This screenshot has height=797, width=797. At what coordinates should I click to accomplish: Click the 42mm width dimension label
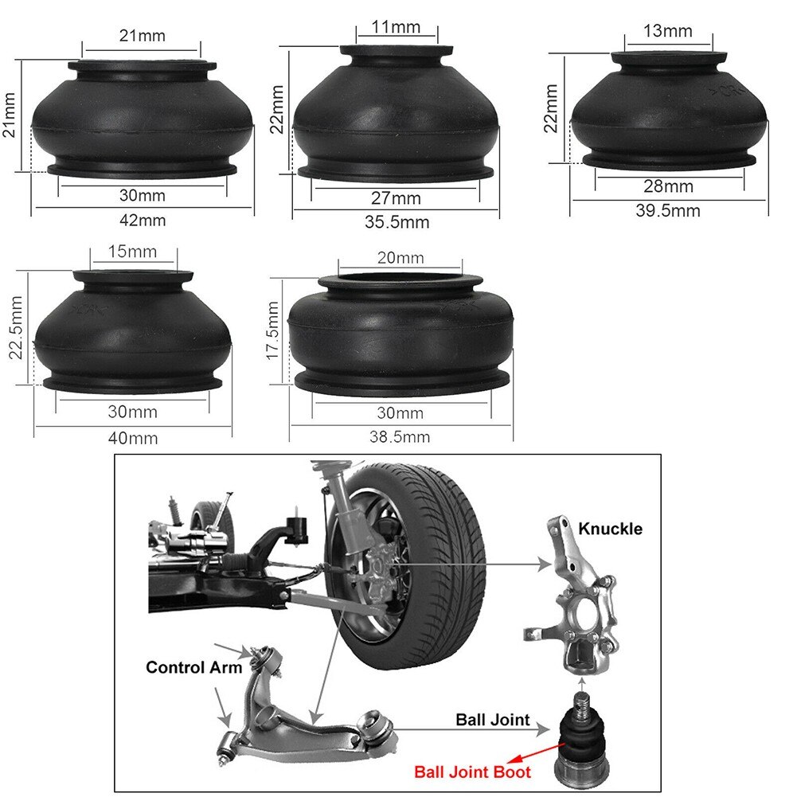(x=143, y=221)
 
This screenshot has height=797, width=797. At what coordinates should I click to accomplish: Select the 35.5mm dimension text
(x=397, y=222)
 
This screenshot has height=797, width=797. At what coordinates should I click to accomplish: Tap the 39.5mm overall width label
(x=668, y=210)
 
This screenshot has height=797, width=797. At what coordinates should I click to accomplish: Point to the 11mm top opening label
(x=397, y=27)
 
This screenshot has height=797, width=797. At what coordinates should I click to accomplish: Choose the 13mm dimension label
(x=668, y=31)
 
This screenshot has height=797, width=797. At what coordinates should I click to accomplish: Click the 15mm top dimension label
(x=133, y=252)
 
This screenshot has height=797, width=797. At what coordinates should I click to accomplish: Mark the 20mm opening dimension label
(x=400, y=258)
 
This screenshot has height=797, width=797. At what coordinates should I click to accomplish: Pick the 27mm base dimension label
(x=397, y=198)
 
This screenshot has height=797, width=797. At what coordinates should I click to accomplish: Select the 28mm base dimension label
(x=669, y=187)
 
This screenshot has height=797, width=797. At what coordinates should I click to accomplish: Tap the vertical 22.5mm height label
(x=15, y=329)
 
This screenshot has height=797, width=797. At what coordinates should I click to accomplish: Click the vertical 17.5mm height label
(x=272, y=330)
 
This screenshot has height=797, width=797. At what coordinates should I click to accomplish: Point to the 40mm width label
(x=133, y=438)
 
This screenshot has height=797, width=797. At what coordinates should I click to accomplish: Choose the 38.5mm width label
(x=400, y=436)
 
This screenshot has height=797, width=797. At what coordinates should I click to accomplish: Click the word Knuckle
(x=610, y=529)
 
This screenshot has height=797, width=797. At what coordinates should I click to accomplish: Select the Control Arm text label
(x=193, y=667)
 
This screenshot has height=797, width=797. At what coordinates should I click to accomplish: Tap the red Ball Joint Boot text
(x=472, y=772)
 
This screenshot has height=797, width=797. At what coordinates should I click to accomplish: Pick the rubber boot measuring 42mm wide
(x=143, y=119)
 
